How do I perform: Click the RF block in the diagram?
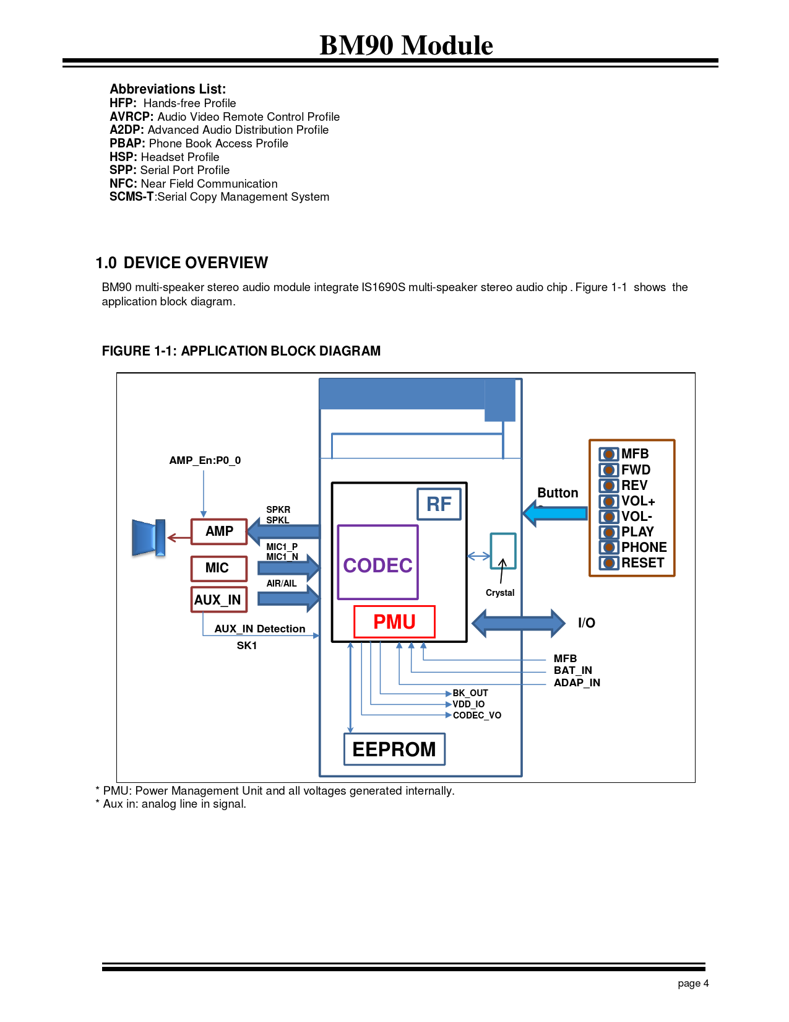tap(439, 504)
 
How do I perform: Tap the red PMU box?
tap(394, 622)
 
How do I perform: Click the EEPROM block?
tap(394, 749)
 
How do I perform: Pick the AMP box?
tap(219, 531)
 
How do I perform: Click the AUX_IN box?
tap(218, 600)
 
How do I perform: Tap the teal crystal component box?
tap(502, 551)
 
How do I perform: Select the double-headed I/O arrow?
tap(519, 622)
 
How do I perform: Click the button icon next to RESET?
tap(608, 563)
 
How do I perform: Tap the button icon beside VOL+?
tap(608, 501)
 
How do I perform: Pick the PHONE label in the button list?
tap(644, 548)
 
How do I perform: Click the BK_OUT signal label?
tap(470, 693)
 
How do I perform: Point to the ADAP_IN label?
tap(577, 683)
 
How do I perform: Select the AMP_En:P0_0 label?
tap(205, 460)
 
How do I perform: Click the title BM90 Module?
tap(406, 45)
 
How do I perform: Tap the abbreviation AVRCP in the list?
tap(131, 116)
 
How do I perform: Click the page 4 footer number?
tap(693, 983)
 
